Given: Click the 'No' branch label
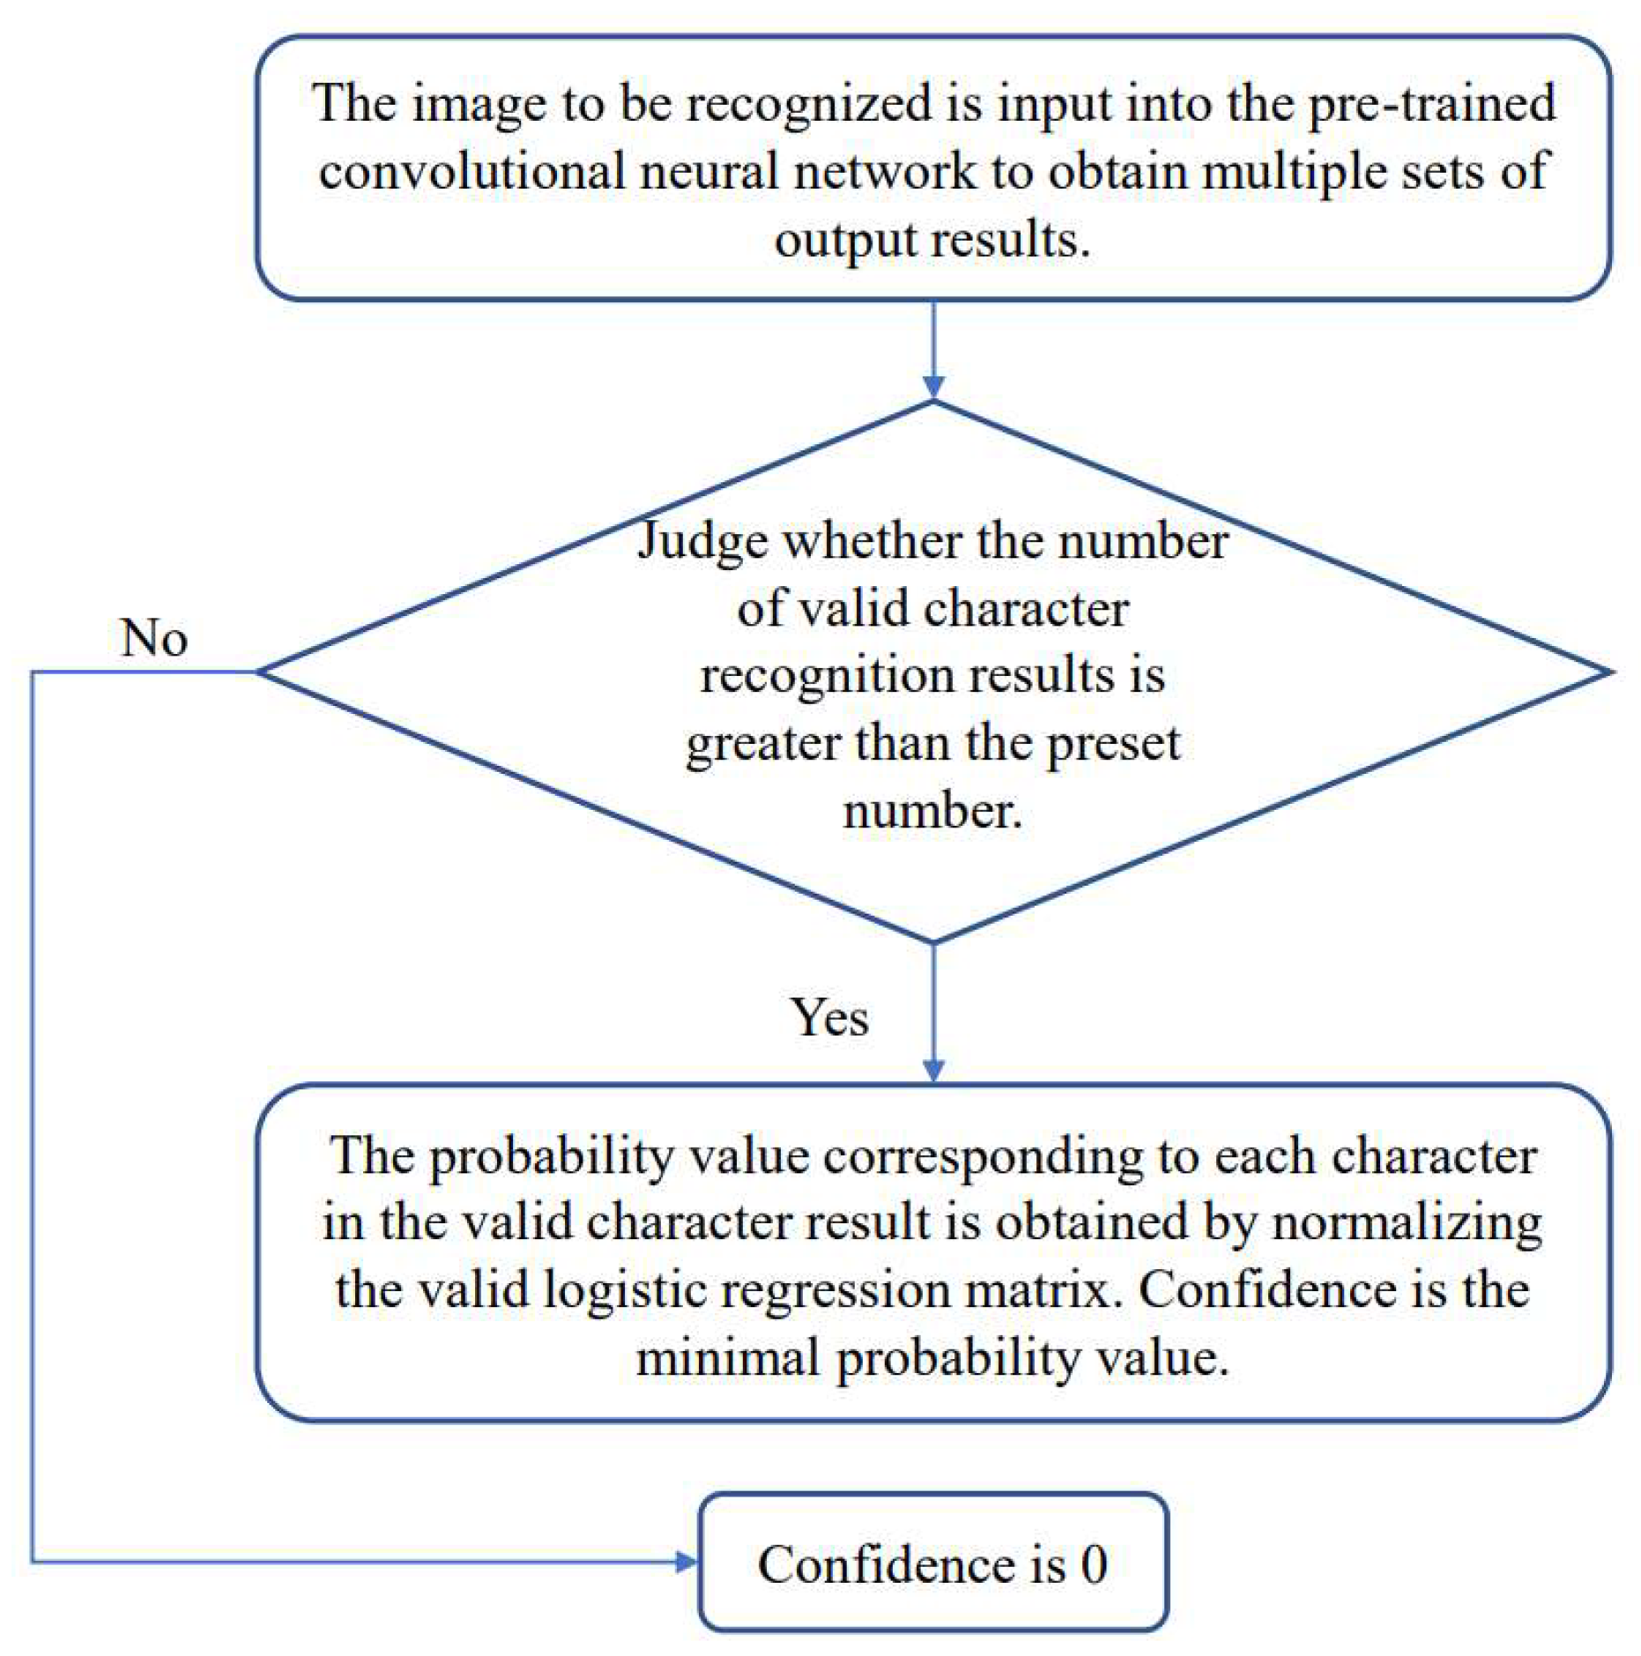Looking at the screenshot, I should point(153,638).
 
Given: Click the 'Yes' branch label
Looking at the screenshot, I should point(828,1018).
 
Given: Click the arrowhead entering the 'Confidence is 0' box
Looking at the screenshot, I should point(686,1562).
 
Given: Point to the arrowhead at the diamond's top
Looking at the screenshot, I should point(933,387).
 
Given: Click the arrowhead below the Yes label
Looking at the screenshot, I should point(933,1070).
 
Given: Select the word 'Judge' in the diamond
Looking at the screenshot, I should point(702,540).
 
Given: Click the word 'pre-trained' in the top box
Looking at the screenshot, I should point(1431,103).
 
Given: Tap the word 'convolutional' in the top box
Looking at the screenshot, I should point(472,171).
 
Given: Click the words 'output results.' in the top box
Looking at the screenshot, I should point(932,240).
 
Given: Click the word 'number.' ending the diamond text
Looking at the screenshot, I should point(932,811).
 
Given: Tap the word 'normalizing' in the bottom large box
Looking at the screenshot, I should point(1407,1223).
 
